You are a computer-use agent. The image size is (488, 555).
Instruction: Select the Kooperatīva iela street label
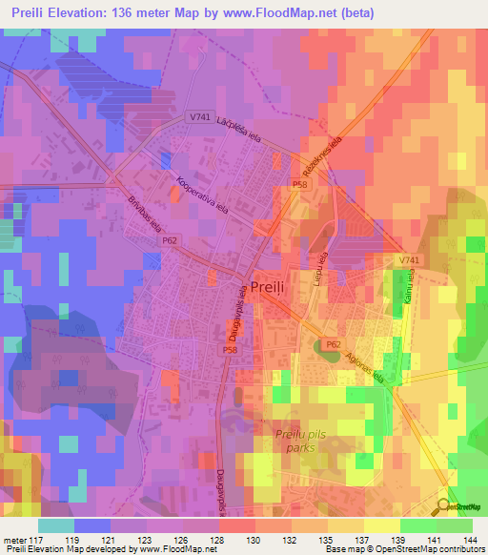click(x=203, y=193)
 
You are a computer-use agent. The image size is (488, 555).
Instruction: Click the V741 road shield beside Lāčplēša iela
click(x=199, y=116)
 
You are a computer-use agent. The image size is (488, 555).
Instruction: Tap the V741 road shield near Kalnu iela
click(x=408, y=260)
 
